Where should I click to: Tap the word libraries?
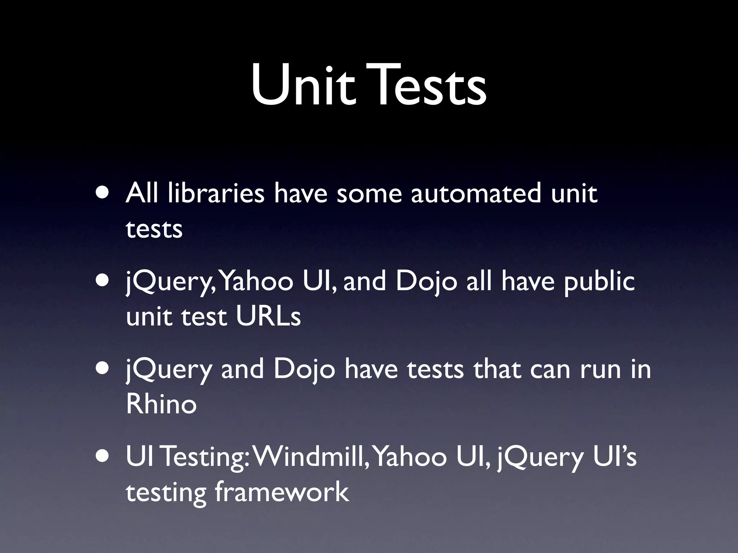click(x=216, y=193)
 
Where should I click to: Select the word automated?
click(x=476, y=193)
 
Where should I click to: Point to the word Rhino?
click(x=161, y=404)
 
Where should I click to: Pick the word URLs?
click(x=268, y=316)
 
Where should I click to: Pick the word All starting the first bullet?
click(x=142, y=193)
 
